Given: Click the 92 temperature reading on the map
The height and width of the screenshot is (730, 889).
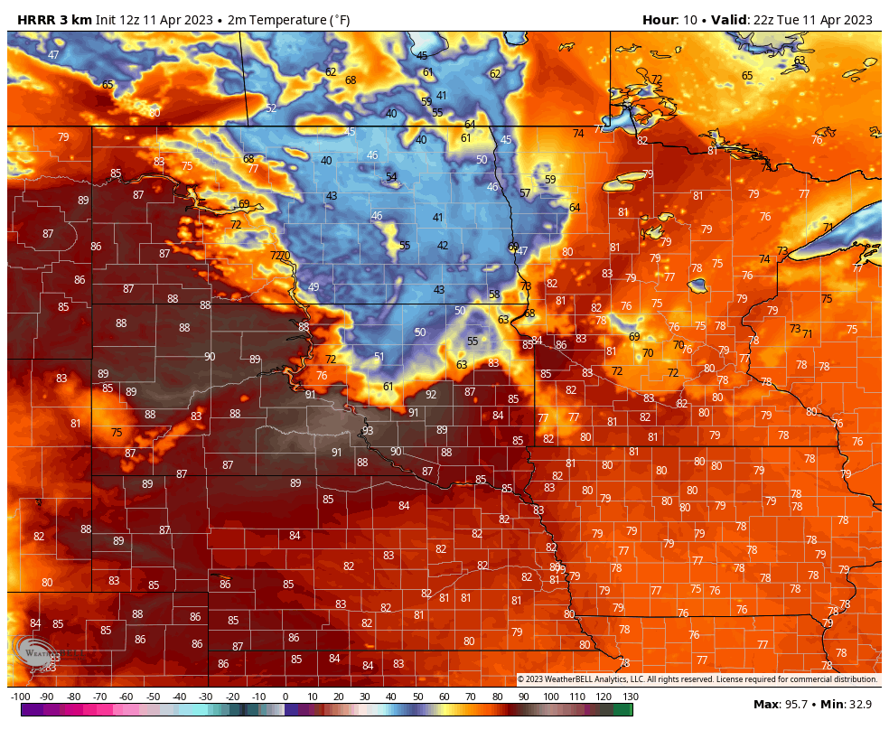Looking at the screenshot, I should [431, 394].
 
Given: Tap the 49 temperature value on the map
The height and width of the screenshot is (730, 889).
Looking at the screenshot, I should [313, 287].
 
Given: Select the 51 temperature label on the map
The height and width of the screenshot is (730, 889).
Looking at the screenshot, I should [379, 357].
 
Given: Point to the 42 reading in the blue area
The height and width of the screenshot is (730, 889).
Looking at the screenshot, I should [443, 245].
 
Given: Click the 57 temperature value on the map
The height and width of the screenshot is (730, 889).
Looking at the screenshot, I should [525, 193].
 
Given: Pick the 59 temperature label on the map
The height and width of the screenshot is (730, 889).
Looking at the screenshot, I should [550, 180].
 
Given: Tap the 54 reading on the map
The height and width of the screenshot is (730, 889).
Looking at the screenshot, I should [391, 177].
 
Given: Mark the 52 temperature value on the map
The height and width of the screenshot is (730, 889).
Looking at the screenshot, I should [271, 108].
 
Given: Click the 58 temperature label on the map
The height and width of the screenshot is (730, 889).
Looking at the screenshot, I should [494, 295].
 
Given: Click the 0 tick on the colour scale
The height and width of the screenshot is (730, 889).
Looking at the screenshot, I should [285, 697].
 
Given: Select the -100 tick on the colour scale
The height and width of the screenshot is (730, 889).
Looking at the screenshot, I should [21, 697].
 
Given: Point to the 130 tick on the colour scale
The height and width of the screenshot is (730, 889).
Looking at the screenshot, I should [630, 697].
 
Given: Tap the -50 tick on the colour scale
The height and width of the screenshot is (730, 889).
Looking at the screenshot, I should [153, 697].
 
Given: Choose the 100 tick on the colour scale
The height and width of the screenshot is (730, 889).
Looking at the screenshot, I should [550, 697].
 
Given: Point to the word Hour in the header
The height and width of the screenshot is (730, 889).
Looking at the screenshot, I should [660, 20].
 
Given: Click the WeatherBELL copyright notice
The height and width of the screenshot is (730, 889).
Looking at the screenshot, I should [697, 679].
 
